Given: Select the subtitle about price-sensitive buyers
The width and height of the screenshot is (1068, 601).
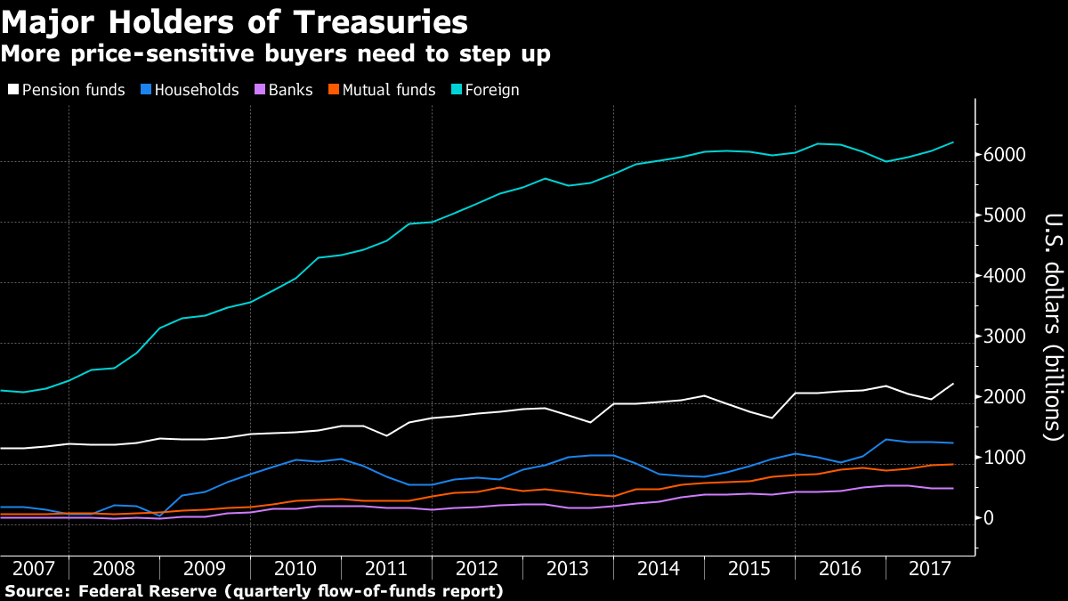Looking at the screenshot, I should pos(275,54).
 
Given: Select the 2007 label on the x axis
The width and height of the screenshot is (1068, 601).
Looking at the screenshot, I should pos(34,569).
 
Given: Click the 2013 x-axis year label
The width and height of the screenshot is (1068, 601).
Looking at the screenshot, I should pos(567,569).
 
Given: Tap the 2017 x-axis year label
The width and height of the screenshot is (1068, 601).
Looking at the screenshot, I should pos(929,569).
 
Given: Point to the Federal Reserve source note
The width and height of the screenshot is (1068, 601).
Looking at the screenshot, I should pos(254,591).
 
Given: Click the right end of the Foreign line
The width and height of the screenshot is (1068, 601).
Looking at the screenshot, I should pos(953,142).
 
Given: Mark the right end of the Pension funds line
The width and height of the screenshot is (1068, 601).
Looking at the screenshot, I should pos(953,384).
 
